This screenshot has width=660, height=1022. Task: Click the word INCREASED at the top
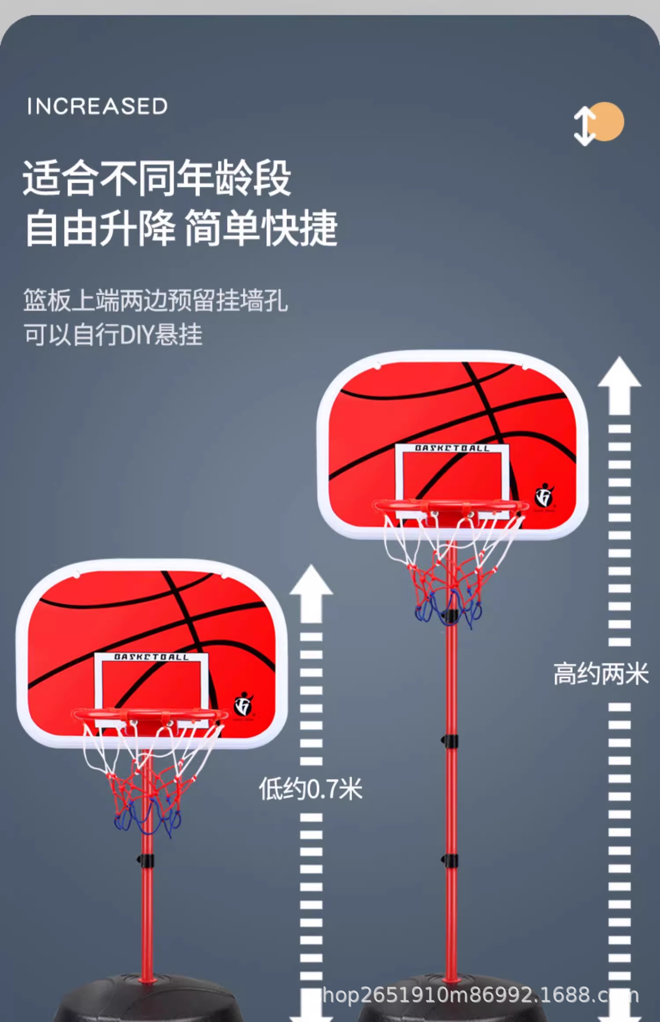97,106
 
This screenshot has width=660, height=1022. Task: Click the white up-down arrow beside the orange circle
584,126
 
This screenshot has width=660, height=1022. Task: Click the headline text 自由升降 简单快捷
181,228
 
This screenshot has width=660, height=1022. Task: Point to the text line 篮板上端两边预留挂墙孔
155,301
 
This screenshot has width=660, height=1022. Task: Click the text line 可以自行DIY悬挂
113,335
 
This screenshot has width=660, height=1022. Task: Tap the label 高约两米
601,674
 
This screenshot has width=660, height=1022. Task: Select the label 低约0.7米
310,788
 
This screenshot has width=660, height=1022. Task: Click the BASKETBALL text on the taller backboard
452,448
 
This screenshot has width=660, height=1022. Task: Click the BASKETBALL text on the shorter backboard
152,657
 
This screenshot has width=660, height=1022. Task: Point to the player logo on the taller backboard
544,496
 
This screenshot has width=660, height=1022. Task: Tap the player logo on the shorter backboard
244,704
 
